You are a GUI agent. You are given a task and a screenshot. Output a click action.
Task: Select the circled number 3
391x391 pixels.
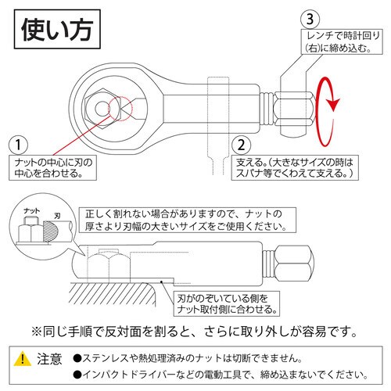(x=311, y=17)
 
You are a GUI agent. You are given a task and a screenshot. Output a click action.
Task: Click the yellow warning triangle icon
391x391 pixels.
(x=23, y=358)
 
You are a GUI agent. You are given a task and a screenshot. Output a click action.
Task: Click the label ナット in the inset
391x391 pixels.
(x=31, y=211)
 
